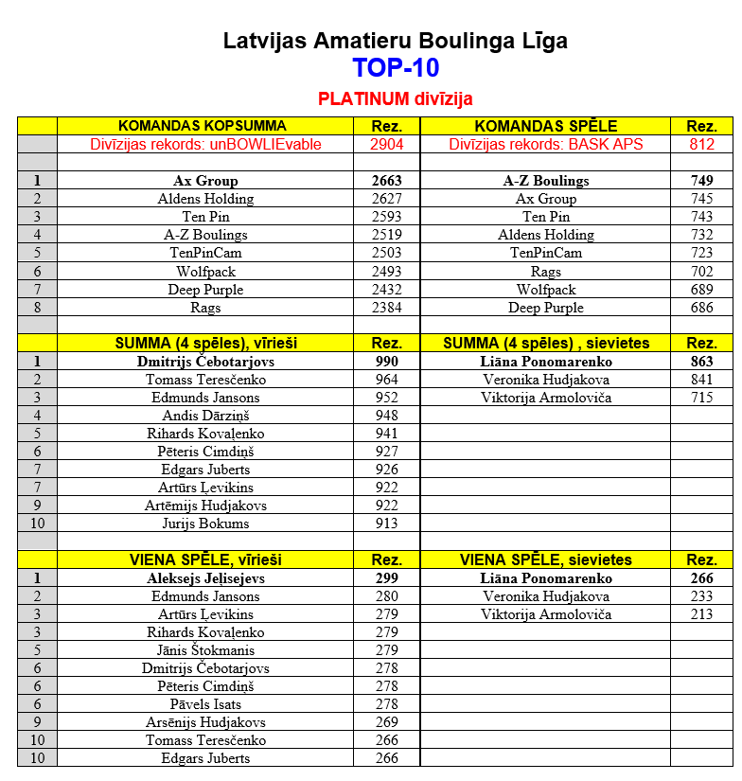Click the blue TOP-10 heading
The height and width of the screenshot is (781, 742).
click(395, 68)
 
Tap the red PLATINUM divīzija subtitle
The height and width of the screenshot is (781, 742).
click(395, 98)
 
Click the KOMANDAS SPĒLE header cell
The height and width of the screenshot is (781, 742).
click(545, 126)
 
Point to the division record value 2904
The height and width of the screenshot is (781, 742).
click(386, 145)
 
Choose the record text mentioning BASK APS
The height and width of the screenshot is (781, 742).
click(545, 145)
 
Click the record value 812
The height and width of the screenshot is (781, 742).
click(701, 145)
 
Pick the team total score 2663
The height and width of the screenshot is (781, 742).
click(386, 181)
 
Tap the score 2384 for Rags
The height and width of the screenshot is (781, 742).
click(386, 308)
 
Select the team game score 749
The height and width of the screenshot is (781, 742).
click(701, 181)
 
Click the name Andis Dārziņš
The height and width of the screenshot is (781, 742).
click(205, 416)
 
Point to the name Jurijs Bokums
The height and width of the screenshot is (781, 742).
click(205, 524)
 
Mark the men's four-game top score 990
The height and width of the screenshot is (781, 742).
click(386, 362)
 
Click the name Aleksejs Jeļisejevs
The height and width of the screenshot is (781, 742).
click(205, 578)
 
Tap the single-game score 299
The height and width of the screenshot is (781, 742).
click(386, 578)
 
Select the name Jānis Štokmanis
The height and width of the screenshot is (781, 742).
click(205, 650)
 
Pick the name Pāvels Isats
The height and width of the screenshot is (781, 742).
click(205, 704)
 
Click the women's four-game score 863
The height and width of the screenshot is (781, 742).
click(701, 362)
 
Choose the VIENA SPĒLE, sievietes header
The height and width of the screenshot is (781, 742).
click(545, 560)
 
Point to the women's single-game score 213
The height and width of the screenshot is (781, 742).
click(701, 614)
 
